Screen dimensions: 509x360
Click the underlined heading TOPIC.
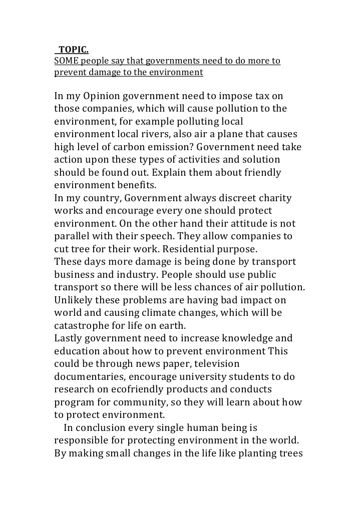point(73,50)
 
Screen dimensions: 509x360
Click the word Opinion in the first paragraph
point(102,96)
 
